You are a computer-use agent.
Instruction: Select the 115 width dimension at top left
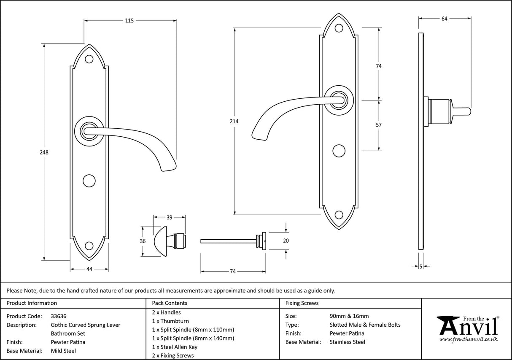click(129, 21)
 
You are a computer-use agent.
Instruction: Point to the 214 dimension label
click(234, 122)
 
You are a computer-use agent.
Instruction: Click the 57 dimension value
click(378, 125)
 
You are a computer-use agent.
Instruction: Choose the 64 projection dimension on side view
click(444, 18)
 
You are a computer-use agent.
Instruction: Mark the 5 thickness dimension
click(421, 266)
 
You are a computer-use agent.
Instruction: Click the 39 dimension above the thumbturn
click(169, 217)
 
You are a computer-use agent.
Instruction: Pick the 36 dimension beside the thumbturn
click(143, 241)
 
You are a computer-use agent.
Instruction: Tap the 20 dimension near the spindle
click(286, 241)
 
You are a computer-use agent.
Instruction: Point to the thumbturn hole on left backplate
click(89, 180)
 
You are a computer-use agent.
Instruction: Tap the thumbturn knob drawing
click(162, 241)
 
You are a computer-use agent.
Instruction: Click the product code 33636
click(58, 316)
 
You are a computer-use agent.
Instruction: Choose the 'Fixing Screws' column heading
click(302, 303)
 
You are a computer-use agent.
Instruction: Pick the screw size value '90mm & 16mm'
click(349, 316)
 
